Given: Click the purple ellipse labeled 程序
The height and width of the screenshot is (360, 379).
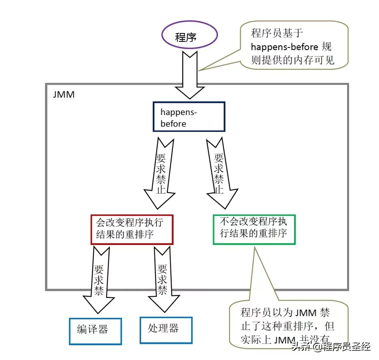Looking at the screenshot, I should click(x=189, y=36).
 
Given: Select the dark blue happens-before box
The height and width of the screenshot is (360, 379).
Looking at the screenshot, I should click(x=189, y=116).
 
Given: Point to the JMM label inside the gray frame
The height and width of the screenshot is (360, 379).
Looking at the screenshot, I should click(x=64, y=95).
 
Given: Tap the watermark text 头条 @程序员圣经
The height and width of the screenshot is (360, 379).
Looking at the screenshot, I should click(x=337, y=347).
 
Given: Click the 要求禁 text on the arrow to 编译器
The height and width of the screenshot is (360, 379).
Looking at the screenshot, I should click(x=99, y=279).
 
